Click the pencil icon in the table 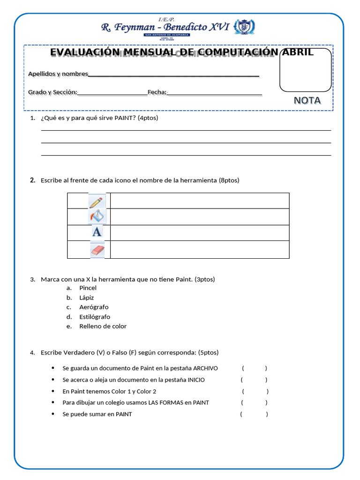[97, 202]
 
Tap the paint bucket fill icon [97, 216]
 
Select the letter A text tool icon [97, 232]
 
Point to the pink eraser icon [97, 250]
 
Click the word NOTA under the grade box [307, 100]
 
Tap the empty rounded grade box [305, 70]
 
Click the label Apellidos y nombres [58, 74]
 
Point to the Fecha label [157, 92]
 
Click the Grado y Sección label [52, 92]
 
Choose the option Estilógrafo [95, 317]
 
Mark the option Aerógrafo [94, 307]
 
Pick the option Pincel [88, 288]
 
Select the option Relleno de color [103, 326]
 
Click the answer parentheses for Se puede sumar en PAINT [254, 414]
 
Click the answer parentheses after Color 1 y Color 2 [255, 391]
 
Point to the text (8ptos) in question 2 [229, 180]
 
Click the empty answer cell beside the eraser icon [200, 250]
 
